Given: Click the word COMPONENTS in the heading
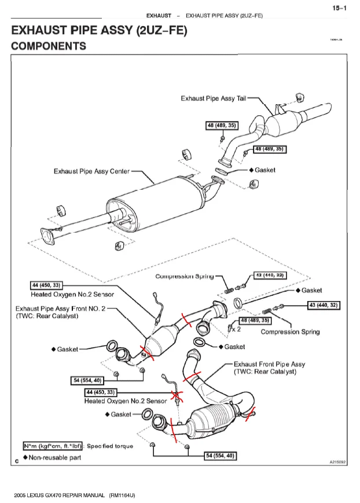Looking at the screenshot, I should [x=49, y=46].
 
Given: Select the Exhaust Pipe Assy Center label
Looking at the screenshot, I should [x=91, y=171].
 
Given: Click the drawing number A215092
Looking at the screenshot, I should [x=337, y=462].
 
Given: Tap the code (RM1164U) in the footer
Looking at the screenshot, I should [x=122, y=495].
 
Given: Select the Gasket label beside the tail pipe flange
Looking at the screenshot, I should [x=265, y=170].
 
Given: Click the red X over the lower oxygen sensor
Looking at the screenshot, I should [x=177, y=398].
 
